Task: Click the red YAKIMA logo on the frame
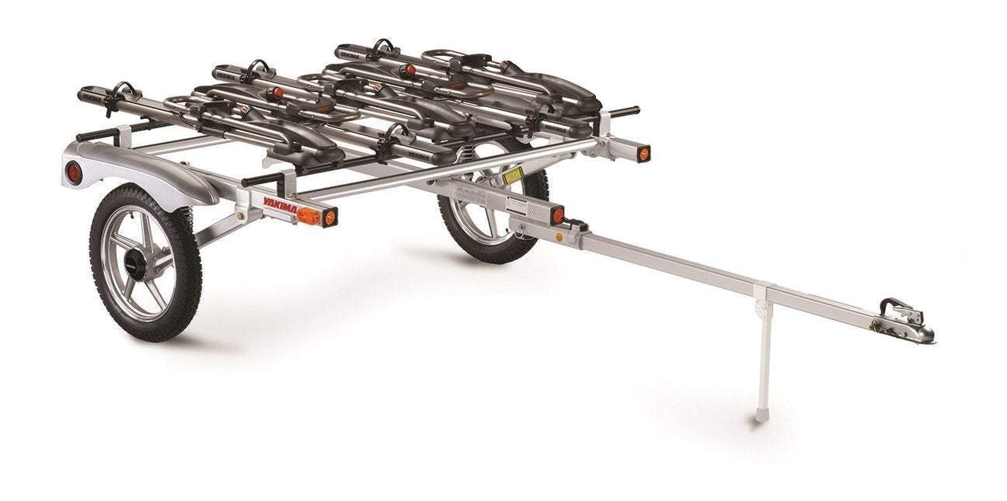(x=278, y=204)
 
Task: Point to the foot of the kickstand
(x=762, y=416)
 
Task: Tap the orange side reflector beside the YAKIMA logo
(x=308, y=216)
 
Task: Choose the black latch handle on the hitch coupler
(x=893, y=304)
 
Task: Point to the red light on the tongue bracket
(x=557, y=215)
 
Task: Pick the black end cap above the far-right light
(x=626, y=111)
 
